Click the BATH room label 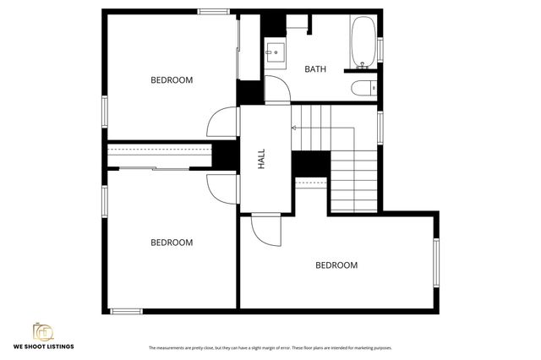[315, 69]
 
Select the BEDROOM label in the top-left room [172, 80]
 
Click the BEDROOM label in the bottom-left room [172, 243]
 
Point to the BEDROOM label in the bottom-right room [336, 265]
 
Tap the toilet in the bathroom [361, 87]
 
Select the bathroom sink [275, 52]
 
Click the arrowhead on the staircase [293, 128]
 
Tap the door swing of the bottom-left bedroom [221, 186]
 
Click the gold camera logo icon [41, 332]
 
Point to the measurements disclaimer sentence [270, 347]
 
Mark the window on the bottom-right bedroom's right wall [437, 265]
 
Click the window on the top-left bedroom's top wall [215, 11]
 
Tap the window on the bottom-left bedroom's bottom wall [127, 311]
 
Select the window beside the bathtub [380, 51]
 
